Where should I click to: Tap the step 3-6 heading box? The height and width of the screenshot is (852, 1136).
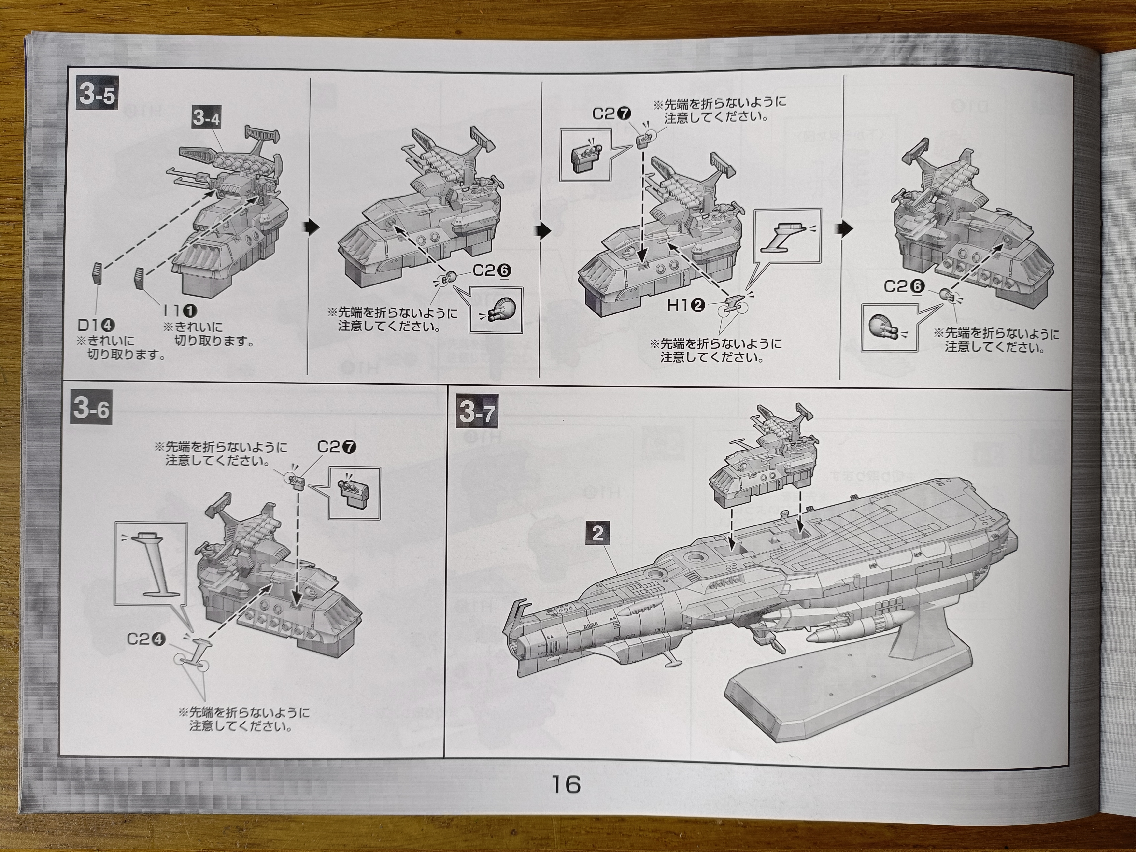pos(92,409)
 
